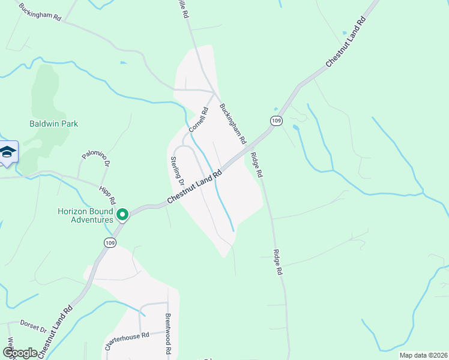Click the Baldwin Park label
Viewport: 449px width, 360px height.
click(54, 124)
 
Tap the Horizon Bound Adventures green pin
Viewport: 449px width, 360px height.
click(122, 214)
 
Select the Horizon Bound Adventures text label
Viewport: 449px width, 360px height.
click(85, 215)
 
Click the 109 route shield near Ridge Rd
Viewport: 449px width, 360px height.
click(276, 121)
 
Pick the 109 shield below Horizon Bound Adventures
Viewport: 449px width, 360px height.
click(109, 242)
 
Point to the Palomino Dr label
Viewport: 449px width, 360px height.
click(97, 161)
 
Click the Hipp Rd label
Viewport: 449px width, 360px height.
click(106, 194)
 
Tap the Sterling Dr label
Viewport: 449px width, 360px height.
click(176, 171)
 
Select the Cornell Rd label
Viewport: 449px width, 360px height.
click(198, 120)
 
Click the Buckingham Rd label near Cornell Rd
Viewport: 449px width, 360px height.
click(233, 124)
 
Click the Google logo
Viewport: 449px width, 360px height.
click(20, 352)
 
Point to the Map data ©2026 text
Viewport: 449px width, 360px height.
click(423, 355)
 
